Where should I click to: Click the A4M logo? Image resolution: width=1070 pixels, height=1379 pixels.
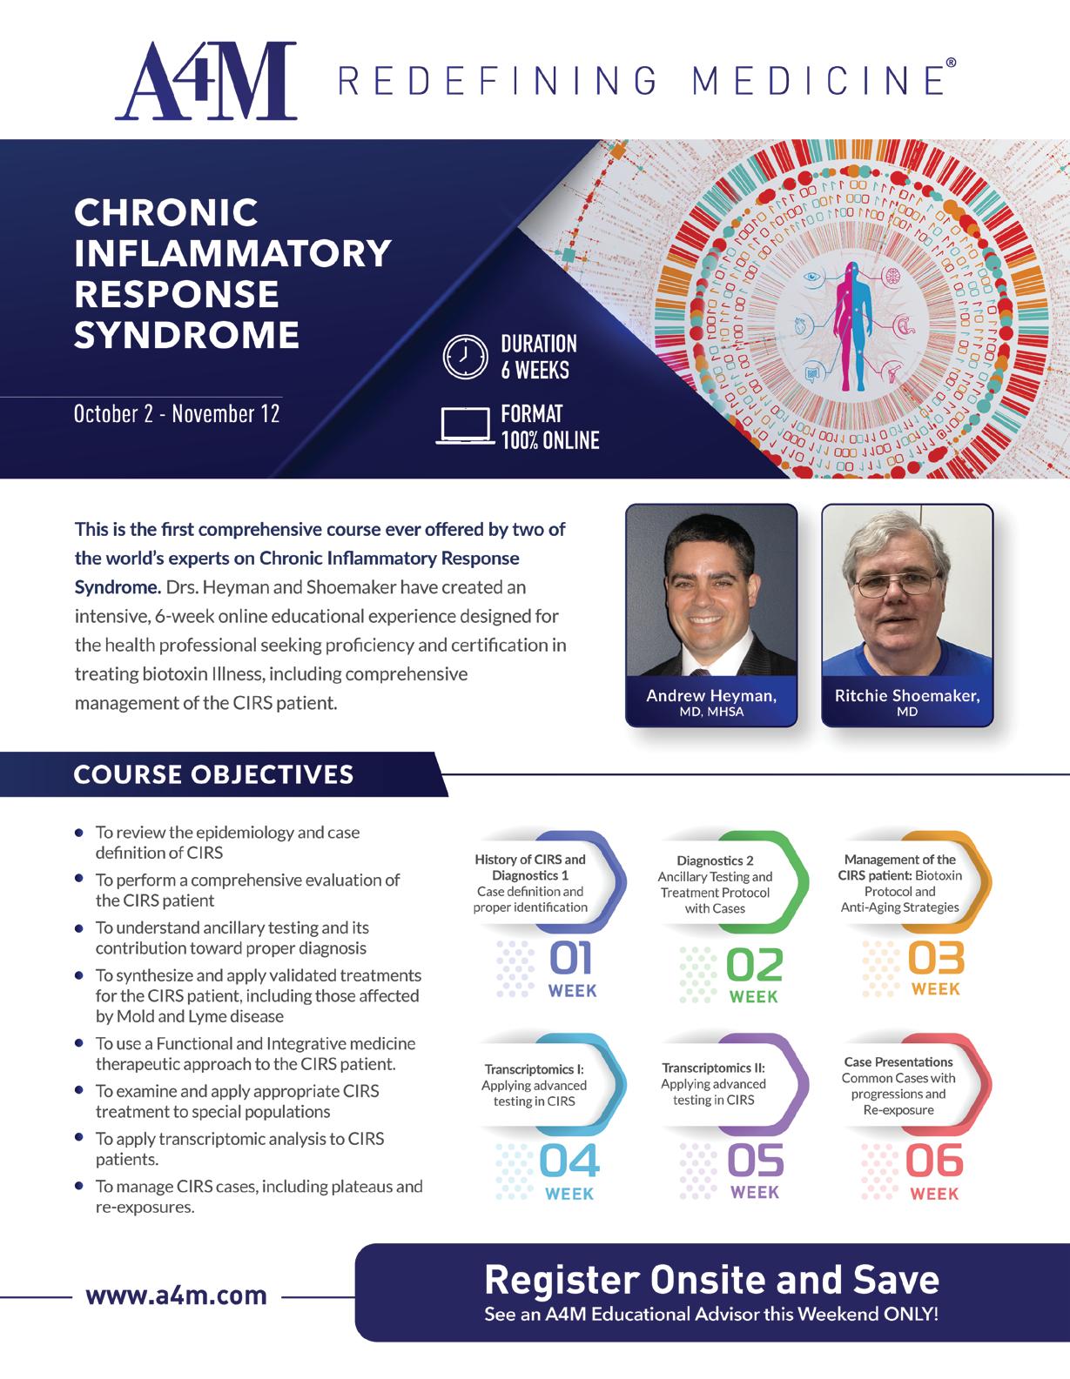(206, 80)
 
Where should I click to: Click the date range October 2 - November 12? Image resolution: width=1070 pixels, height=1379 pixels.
(177, 413)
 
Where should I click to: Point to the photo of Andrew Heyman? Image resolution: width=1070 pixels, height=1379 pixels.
(711, 592)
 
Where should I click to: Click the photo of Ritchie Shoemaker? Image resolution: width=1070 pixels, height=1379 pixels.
(907, 592)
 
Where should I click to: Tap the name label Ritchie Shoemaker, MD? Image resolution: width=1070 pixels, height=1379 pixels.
(907, 701)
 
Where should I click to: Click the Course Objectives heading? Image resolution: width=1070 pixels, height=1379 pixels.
(214, 774)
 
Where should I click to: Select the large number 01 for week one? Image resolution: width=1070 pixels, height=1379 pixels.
(570, 959)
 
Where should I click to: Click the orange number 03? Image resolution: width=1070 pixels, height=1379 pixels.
(936, 959)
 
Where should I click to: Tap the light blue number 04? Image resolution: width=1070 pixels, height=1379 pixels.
(569, 1161)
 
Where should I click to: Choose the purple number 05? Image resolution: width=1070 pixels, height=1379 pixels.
(755, 1160)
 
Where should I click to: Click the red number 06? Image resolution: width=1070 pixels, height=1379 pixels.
(934, 1161)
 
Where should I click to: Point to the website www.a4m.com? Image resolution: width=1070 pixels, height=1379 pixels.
(176, 1295)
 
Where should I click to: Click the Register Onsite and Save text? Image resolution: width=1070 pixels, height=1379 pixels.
(711, 1280)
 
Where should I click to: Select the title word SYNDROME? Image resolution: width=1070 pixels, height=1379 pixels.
(186, 335)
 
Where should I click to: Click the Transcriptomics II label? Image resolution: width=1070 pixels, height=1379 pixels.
(713, 1068)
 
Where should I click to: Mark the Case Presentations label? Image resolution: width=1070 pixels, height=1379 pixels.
(898, 1061)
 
